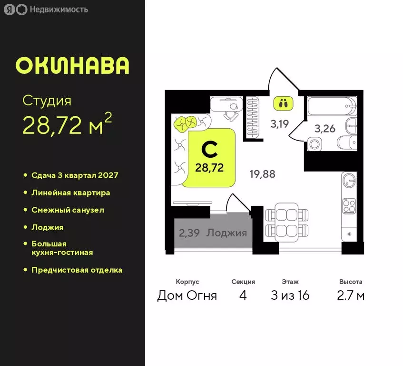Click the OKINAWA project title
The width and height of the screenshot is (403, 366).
(x=72, y=66)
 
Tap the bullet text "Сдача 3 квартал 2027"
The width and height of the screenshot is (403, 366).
(x=74, y=175)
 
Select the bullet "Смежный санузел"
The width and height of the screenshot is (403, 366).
(x=68, y=210)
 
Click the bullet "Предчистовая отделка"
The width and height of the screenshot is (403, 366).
(x=77, y=270)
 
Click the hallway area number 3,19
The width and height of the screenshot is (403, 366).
(x=279, y=124)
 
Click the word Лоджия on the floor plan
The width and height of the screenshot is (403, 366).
(x=227, y=233)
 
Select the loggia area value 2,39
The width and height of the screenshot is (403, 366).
(x=189, y=233)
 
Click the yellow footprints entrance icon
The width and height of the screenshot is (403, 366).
(x=284, y=102)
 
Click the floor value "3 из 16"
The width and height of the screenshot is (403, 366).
(x=290, y=295)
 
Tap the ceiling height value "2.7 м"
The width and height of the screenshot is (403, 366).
(x=351, y=295)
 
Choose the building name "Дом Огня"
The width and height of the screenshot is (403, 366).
(x=187, y=295)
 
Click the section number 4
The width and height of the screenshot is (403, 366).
(x=243, y=295)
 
